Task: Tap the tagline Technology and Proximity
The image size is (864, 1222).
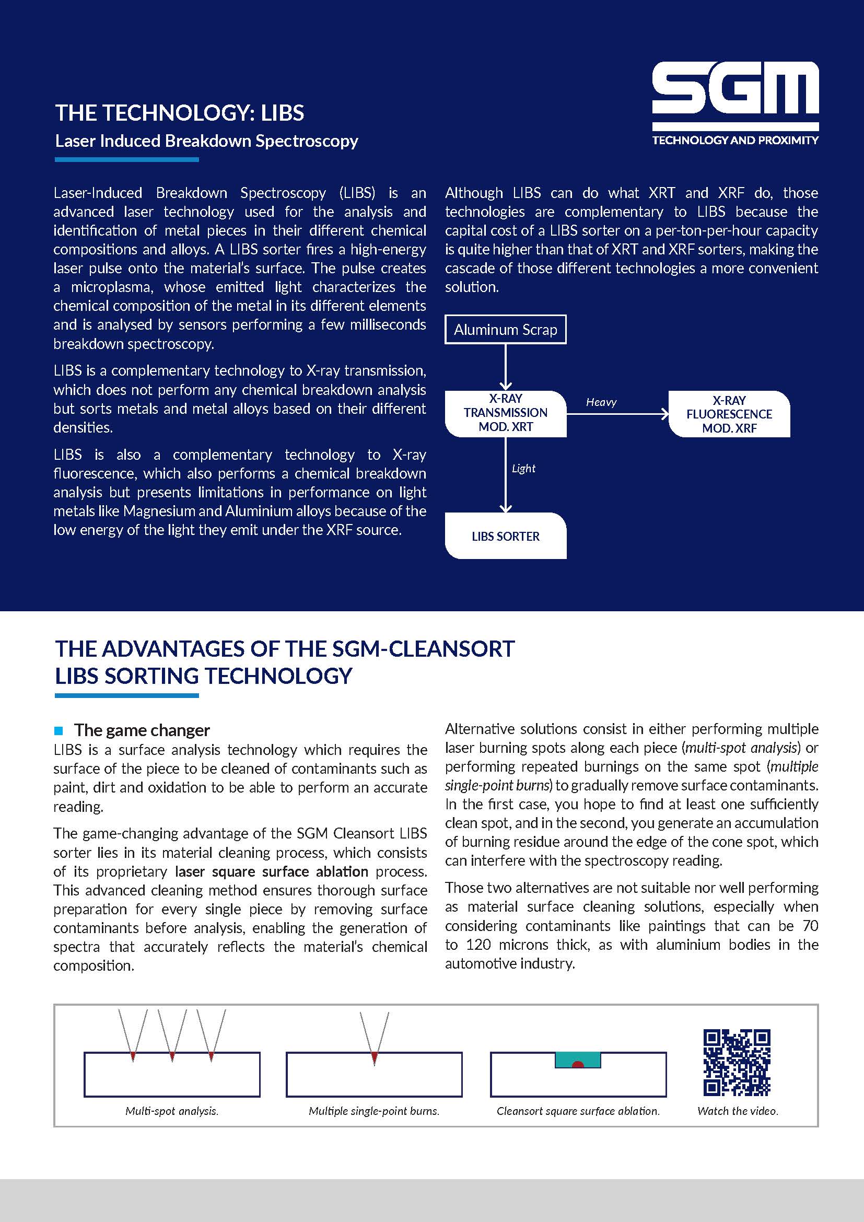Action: point(735,141)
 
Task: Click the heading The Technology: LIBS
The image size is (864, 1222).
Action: point(180,113)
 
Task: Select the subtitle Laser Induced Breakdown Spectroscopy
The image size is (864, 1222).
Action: point(206,141)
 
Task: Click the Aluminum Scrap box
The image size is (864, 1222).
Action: point(505,330)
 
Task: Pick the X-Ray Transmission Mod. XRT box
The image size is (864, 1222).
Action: point(506,413)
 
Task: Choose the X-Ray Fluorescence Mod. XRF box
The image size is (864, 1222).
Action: point(729,414)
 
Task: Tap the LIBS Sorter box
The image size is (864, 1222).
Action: point(506,536)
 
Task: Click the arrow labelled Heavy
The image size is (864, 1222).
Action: point(617,414)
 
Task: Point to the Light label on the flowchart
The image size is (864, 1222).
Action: point(523,468)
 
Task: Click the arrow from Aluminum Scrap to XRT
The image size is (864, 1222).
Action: point(506,367)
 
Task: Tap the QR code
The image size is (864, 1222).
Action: point(737,1062)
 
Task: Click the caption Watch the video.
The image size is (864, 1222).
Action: point(738,1111)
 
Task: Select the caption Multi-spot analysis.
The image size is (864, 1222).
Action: point(172,1111)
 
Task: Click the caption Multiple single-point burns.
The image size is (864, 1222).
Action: point(374,1111)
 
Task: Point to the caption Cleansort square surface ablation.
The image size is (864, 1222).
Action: point(578,1111)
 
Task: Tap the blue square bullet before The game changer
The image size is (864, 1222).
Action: point(59,730)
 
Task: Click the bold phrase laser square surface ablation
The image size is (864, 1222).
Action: point(271,871)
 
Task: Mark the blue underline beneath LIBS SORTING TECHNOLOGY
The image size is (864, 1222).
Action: point(126,695)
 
